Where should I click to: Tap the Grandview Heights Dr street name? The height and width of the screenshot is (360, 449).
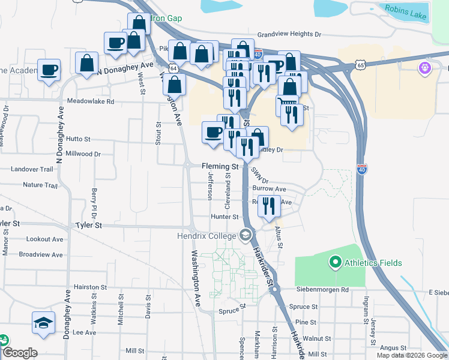[290, 35]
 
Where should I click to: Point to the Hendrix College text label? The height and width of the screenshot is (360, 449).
[206, 236]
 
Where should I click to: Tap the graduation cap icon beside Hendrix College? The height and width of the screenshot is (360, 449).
[245, 235]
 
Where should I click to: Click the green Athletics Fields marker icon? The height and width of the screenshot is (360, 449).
[334, 262]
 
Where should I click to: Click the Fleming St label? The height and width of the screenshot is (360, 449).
[220, 166]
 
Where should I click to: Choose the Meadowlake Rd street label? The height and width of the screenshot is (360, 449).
[90, 102]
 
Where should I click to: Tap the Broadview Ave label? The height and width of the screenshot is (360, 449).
[41, 255]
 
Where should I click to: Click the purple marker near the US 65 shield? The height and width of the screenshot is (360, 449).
[425, 68]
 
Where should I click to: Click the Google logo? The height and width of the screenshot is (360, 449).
[20, 353]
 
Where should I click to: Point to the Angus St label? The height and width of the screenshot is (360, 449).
[393, 347]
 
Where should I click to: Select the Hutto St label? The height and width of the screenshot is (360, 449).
[79, 139]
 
